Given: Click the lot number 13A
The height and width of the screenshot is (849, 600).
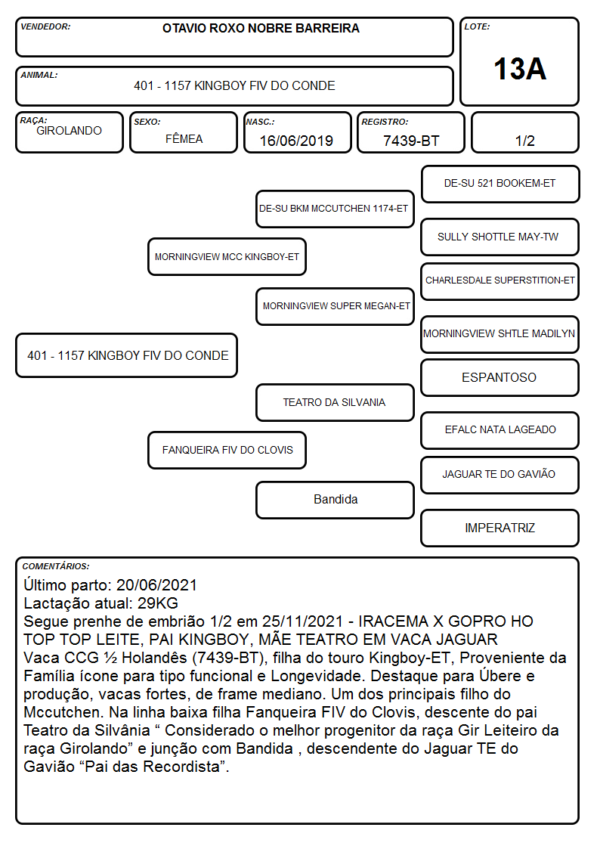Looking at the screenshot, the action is [x=519, y=69].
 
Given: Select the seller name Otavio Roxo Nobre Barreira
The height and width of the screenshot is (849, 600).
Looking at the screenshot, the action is [x=261, y=28].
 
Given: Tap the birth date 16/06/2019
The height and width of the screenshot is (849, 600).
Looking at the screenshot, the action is [x=296, y=141].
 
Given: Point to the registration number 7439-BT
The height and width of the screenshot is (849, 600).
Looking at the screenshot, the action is [x=411, y=141].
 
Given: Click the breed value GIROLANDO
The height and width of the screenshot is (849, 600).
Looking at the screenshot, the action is [x=69, y=131].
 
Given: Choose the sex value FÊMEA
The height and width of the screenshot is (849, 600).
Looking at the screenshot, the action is [x=184, y=138].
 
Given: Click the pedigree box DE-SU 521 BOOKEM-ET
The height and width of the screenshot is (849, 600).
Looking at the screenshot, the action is [x=500, y=184].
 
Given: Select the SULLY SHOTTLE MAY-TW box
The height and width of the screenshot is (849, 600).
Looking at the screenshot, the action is [x=500, y=237].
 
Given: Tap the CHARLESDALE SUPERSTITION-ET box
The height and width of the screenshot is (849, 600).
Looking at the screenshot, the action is [x=500, y=281].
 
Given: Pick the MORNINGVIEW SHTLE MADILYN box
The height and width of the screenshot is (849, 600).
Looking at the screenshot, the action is [x=500, y=334].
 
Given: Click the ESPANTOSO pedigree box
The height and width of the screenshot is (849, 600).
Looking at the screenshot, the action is [x=500, y=377].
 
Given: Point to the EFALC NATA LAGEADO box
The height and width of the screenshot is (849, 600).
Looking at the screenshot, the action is [x=500, y=430].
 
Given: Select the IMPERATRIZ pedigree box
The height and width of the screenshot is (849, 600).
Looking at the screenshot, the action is [x=500, y=528].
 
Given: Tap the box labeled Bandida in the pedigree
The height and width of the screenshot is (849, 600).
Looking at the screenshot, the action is [x=336, y=500].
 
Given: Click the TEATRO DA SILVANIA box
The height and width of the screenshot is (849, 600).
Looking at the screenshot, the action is [x=336, y=402].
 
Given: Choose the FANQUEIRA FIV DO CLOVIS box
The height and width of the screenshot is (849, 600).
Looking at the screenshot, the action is [x=227, y=450].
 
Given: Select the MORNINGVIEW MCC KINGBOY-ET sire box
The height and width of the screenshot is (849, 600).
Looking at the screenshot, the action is [x=227, y=256].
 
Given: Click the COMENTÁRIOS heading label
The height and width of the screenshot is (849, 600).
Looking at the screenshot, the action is [x=56, y=566].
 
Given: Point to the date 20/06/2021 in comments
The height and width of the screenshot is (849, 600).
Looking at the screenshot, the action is [x=156, y=585].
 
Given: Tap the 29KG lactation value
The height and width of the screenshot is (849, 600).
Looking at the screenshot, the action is [x=157, y=603].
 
